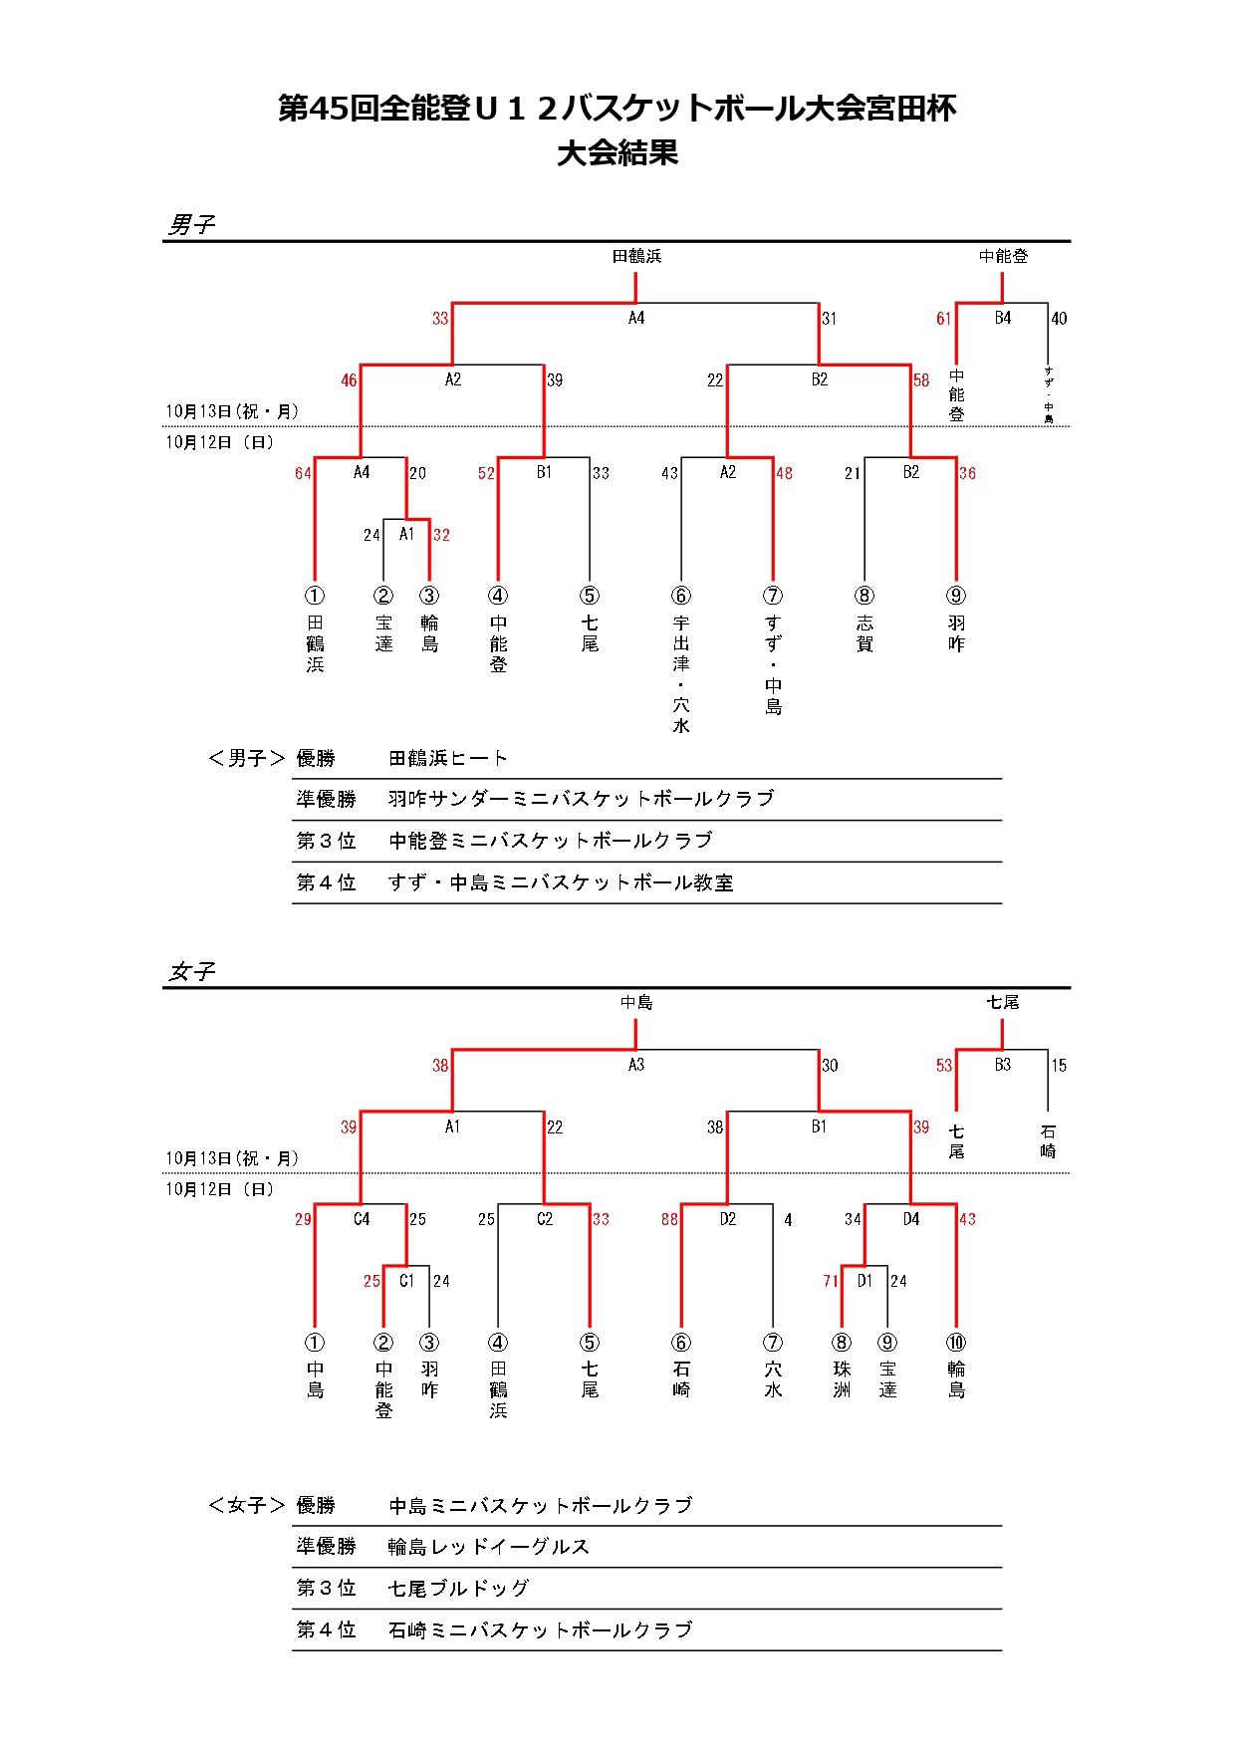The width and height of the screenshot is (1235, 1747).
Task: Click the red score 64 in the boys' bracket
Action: point(303,473)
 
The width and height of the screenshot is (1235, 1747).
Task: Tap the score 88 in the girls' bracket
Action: point(669,1219)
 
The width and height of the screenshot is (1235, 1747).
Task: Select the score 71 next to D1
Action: point(831,1281)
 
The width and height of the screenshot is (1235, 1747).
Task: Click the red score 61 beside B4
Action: point(943,319)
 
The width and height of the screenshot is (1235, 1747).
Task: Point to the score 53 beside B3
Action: point(943,1066)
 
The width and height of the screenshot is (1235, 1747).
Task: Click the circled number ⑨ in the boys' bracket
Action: point(956,596)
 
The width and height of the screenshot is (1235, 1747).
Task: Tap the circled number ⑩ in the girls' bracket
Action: point(956,1343)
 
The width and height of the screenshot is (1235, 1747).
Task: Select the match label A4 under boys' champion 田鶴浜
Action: point(636,318)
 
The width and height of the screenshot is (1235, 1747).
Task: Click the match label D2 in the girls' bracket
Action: point(728,1219)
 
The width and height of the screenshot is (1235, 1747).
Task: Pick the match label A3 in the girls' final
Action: point(636,1065)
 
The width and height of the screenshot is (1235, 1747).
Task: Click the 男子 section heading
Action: point(191,224)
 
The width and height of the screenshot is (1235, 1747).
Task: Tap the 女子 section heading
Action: point(191,971)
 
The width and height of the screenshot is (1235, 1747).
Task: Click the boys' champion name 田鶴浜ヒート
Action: point(448,759)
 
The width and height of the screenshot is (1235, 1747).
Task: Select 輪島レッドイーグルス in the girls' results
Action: point(488,1547)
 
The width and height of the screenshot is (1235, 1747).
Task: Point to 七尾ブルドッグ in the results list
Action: point(458,1589)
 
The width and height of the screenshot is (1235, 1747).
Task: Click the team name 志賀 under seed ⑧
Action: point(864,633)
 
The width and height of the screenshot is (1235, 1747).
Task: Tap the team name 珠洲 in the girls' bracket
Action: point(842,1379)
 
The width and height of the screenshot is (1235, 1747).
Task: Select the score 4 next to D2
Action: point(788,1219)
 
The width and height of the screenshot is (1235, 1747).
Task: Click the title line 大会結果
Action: point(617,152)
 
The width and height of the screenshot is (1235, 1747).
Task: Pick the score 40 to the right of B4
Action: point(1059,319)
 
